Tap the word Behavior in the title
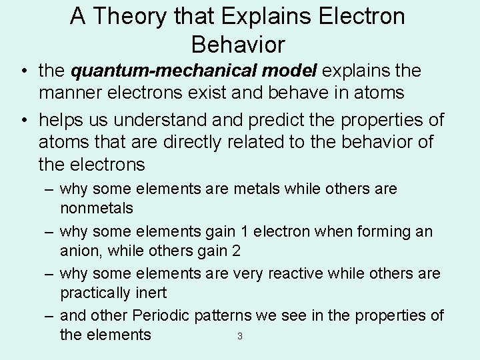tap(238, 44)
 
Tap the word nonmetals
tap(96, 207)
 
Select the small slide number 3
tap(239, 335)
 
